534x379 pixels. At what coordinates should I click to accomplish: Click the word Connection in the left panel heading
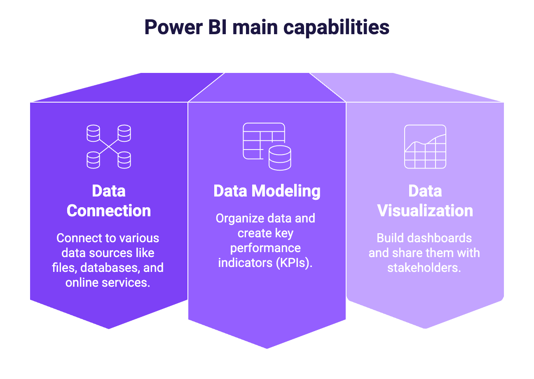coord(109,211)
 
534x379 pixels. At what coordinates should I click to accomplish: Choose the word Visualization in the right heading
coord(425,211)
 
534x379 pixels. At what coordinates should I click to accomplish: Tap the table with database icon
coord(267,146)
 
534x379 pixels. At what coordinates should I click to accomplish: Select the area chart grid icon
coord(425,147)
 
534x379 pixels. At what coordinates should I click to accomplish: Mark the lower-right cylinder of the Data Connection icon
coord(124,160)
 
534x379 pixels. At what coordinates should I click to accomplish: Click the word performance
coord(265,248)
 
